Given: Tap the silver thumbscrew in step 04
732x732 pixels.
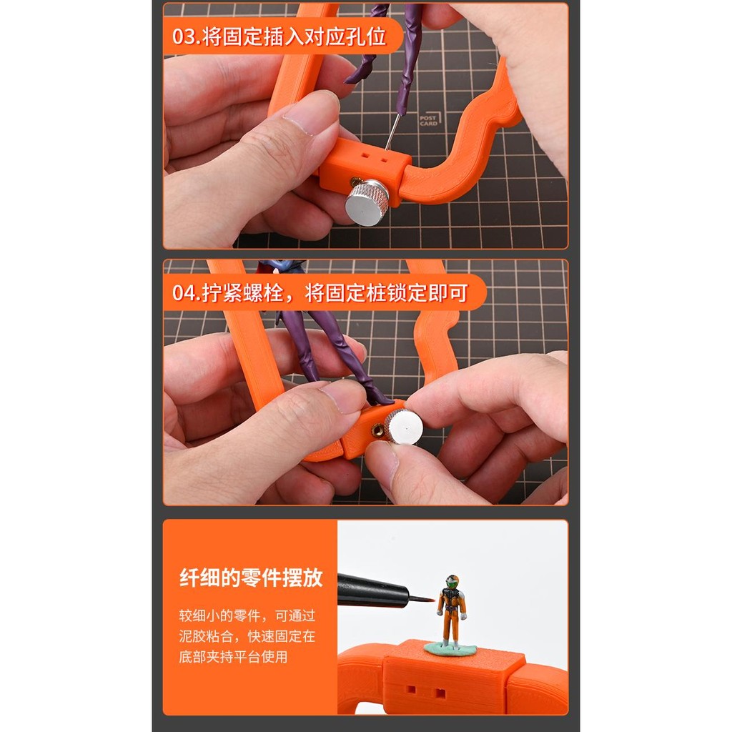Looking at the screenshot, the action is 405,426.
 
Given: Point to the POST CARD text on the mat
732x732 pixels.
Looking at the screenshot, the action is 428,121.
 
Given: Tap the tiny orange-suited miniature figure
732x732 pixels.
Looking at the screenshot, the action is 451,611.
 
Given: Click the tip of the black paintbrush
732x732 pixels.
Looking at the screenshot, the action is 435,600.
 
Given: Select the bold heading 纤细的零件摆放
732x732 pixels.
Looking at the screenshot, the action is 251,578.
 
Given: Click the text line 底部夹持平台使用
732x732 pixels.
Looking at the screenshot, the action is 233,657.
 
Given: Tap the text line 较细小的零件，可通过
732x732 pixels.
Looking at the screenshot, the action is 247,615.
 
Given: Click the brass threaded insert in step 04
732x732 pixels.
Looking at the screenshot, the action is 378,430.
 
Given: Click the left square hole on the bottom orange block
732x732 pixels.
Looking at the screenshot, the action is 411,688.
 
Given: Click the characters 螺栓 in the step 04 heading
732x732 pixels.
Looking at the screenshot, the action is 263,293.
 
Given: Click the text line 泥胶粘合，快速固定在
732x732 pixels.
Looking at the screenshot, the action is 247,635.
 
